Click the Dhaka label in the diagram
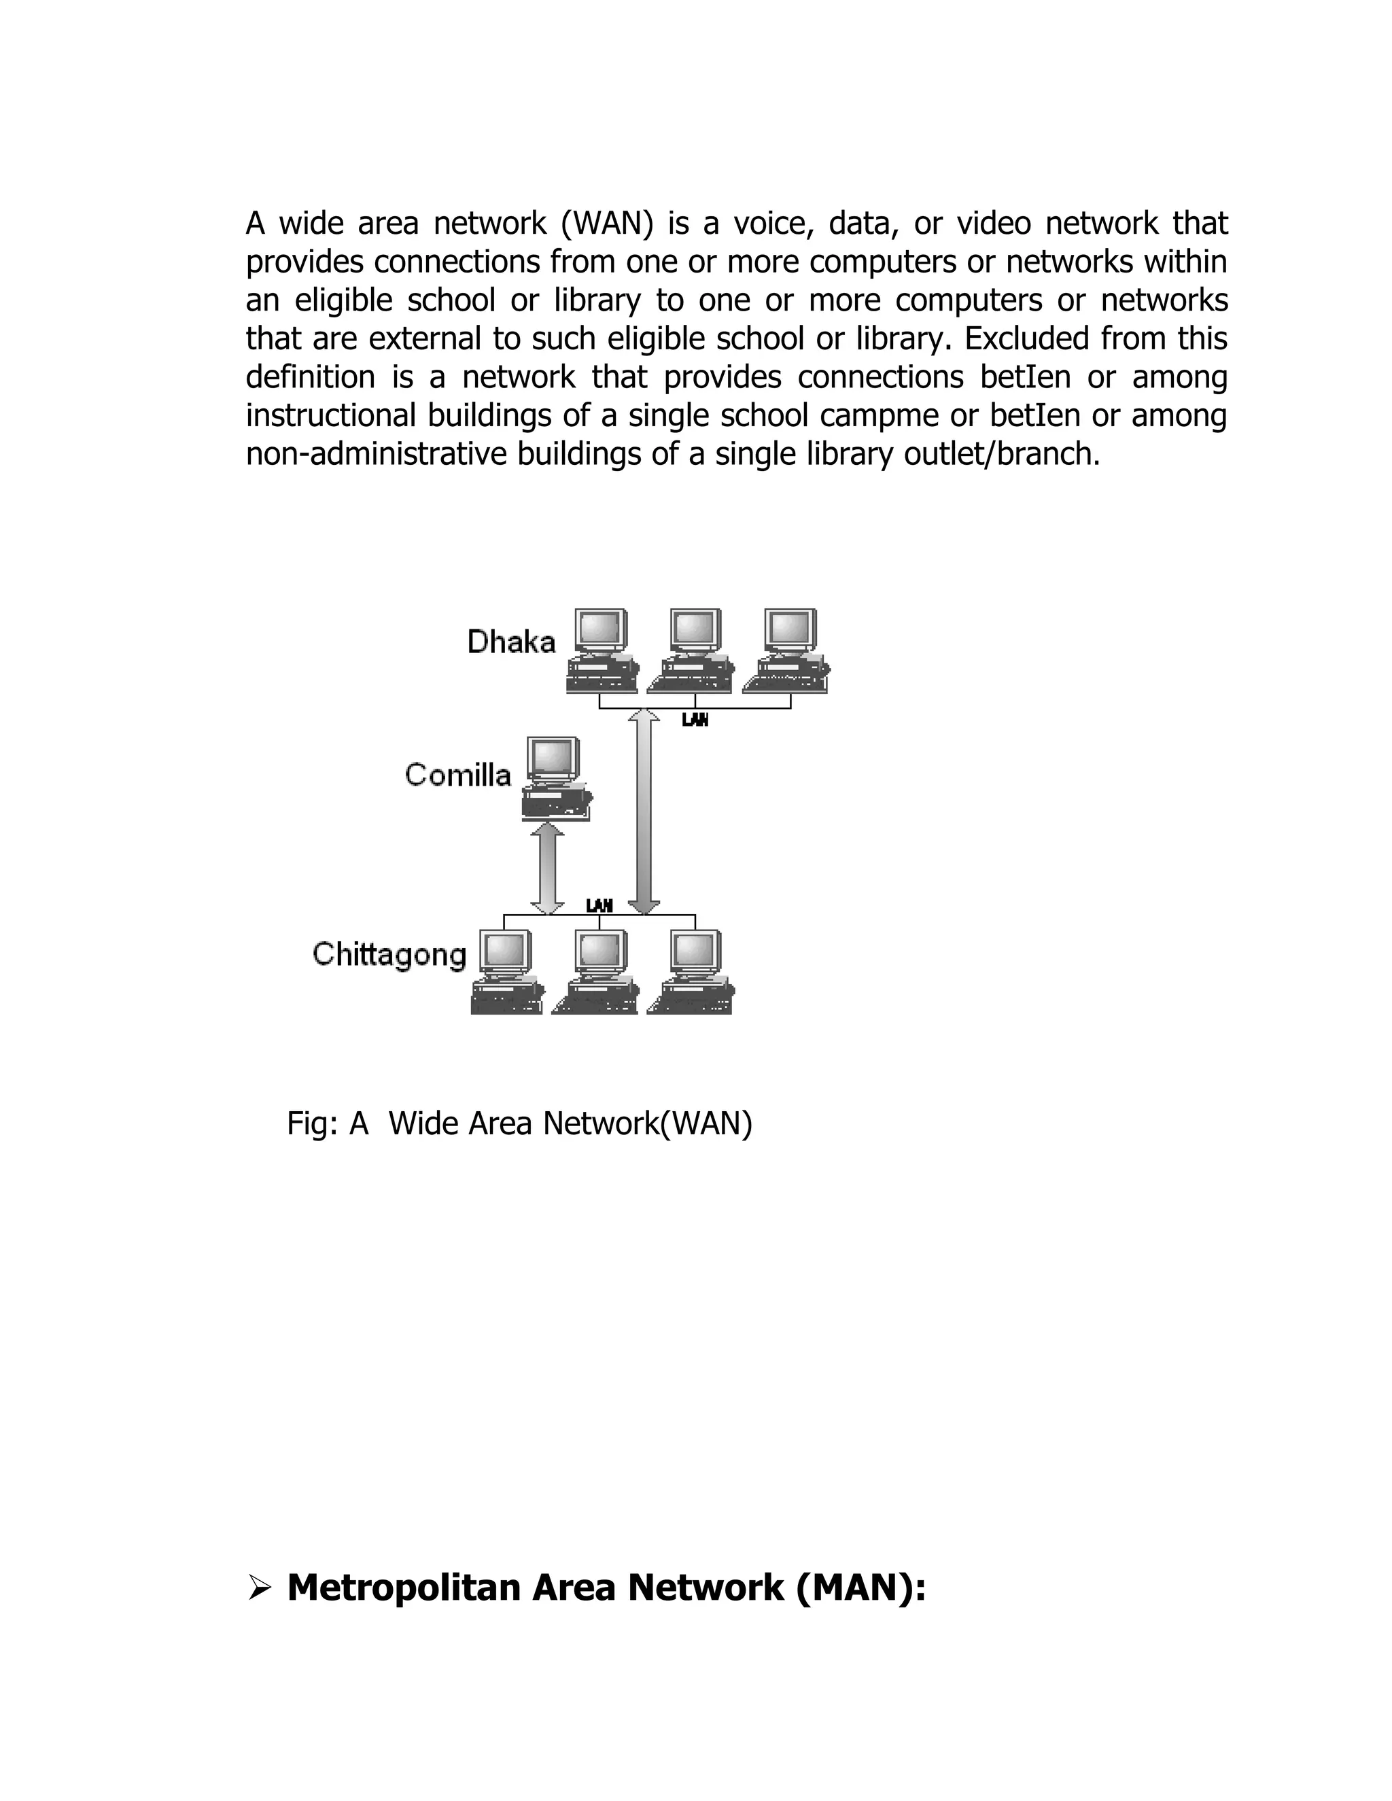tap(511, 642)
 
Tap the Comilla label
tap(457, 775)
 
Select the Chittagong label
tap(389, 954)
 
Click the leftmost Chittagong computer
tap(506, 973)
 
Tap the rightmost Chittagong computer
tap(693, 973)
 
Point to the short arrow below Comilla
tap(546, 867)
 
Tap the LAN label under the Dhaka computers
tap(695, 720)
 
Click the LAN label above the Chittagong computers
tap(599, 905)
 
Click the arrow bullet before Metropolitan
tap(258, 1588)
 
